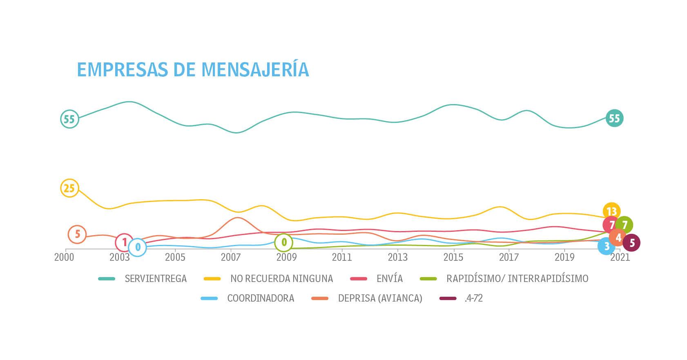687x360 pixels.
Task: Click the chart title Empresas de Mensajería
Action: coord(192,69)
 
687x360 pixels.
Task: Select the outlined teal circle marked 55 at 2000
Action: coord(69,119)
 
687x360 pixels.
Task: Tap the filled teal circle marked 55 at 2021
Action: coord(614,118)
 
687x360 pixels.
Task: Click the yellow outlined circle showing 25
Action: coord(69,188)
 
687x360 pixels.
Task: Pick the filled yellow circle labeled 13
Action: coord(611,211)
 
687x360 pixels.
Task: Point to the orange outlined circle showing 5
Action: coord(77,234)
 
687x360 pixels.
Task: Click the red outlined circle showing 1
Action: coord(124,242)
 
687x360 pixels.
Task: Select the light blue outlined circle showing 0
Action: coord(138,247)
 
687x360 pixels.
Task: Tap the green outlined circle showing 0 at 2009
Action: coord(284,242)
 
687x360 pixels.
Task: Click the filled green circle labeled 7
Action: coord(625,225)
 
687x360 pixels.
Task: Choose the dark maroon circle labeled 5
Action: coord(632,243)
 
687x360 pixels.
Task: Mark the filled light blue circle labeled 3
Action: coord(606,246)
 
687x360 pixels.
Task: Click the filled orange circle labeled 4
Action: coord(618,238)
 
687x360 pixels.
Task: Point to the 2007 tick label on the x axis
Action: coord(231,258)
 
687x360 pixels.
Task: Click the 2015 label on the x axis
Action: coord(453,258)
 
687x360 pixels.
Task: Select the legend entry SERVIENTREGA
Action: coord(156,279)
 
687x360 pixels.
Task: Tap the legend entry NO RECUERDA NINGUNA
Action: coord(281,279)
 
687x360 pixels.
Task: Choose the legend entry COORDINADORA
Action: coord(261,298)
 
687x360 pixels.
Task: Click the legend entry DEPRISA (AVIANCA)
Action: coord(380,298)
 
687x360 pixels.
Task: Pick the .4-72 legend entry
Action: coord(473,298)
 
